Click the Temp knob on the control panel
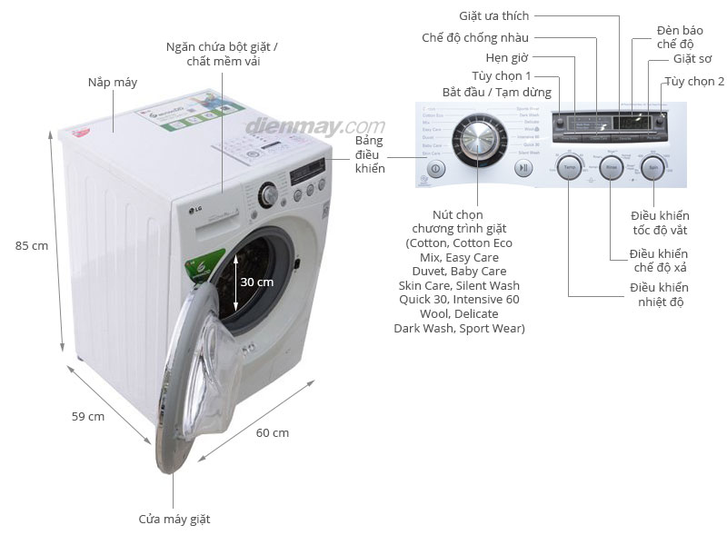click(569, 170)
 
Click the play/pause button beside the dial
click(523, 168)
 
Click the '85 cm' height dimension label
click(32, 245)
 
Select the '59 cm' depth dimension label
click(88, 416)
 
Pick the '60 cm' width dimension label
click(273, 432)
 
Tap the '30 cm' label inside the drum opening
click(256, 282)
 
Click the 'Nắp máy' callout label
click(113, 83)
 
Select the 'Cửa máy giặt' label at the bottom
click(174, 519)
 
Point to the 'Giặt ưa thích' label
click(493, 15)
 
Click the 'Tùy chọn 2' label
click(694, 81)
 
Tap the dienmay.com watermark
click(314, 125)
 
